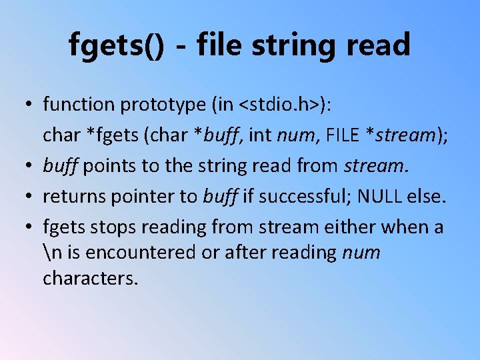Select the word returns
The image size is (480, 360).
(x=70, y=197)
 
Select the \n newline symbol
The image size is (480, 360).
(x=50, y=253)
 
